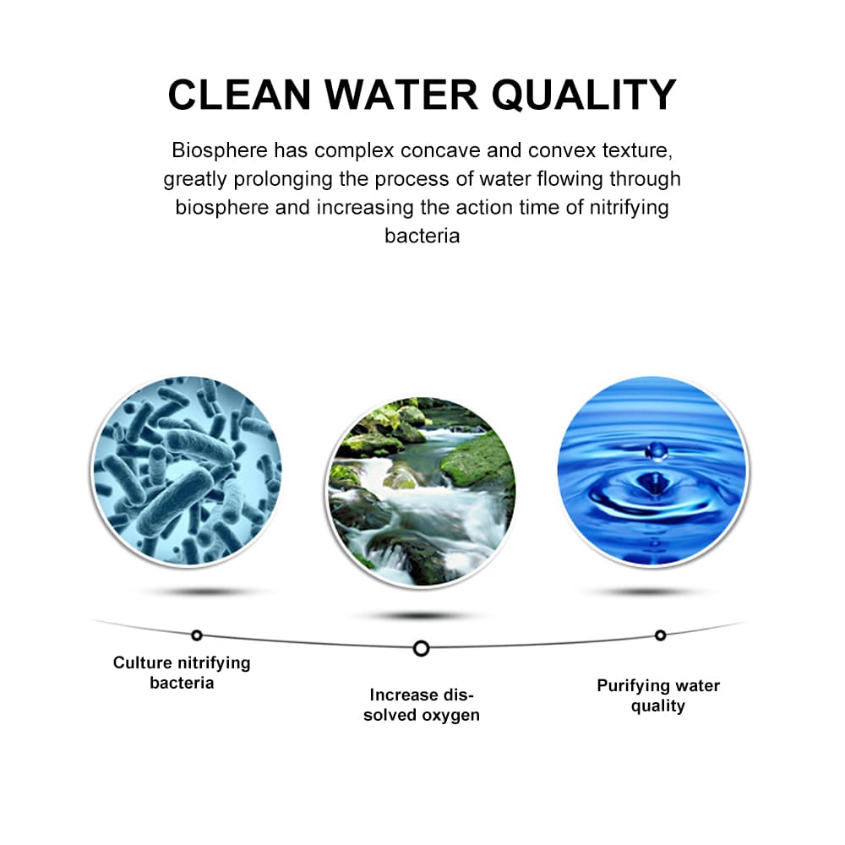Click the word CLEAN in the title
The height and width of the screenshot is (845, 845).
240,95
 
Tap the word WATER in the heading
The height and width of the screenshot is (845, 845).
401,95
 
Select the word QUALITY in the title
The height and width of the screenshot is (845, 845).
584,95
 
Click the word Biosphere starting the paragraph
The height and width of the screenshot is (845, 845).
220,150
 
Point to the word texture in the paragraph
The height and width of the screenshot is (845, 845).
637,150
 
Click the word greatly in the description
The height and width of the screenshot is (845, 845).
195,179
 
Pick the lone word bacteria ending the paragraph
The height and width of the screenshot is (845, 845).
422,236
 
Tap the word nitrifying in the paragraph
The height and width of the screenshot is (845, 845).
629,208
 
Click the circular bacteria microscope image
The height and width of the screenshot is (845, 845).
187,471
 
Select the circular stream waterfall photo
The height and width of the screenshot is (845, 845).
422,492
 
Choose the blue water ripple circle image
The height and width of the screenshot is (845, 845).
652,471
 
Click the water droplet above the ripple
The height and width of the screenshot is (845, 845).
657,450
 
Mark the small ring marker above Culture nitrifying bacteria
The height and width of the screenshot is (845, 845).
197,635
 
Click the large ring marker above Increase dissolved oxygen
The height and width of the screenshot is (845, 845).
422,648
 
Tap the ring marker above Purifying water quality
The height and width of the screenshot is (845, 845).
660,635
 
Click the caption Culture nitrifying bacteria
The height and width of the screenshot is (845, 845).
182,673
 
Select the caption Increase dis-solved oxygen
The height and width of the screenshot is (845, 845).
422,705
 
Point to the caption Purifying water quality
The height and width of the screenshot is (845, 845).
658,695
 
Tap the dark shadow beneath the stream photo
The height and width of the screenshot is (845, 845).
422,615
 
